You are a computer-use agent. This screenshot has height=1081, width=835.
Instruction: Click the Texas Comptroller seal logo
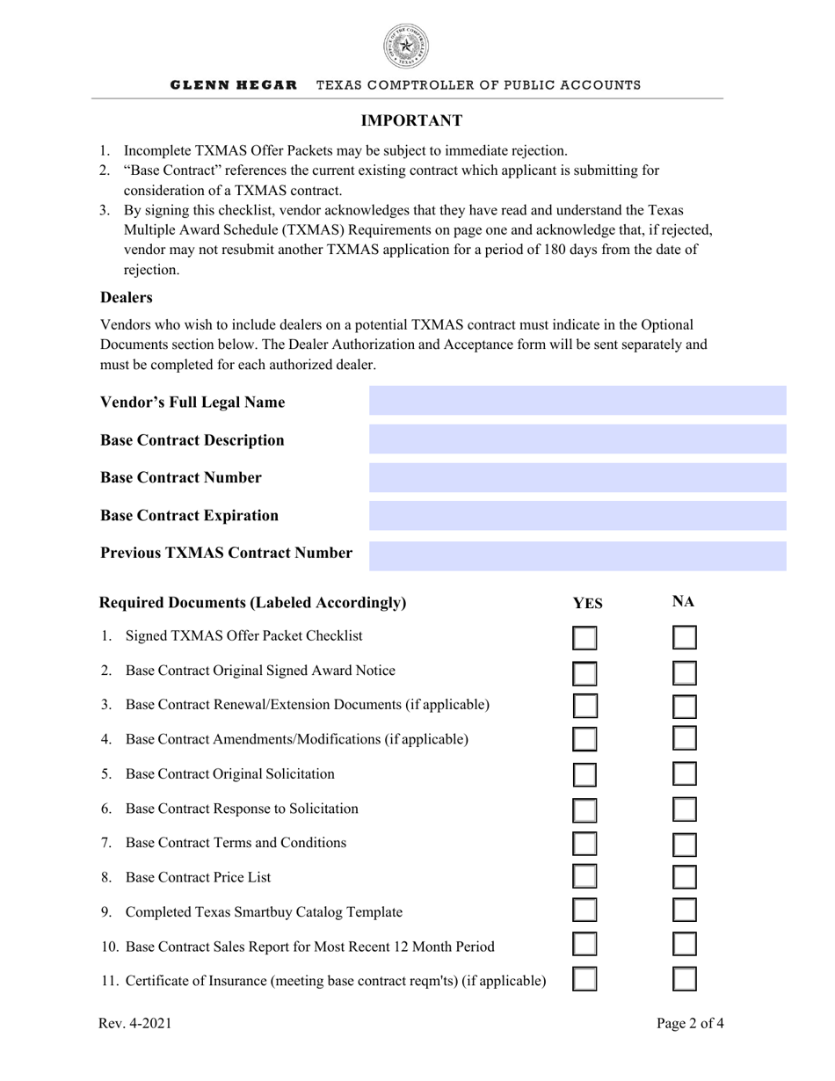405,47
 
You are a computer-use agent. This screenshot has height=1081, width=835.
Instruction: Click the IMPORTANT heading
411,120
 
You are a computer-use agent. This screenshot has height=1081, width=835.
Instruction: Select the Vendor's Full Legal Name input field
577,401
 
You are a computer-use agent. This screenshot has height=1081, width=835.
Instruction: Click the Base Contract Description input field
577,439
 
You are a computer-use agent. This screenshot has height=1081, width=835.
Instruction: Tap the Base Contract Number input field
577,477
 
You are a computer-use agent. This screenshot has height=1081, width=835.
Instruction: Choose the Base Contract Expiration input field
577,516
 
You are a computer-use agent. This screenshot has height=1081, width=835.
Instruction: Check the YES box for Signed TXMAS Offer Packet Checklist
584,638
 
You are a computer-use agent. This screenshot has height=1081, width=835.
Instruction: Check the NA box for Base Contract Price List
685,877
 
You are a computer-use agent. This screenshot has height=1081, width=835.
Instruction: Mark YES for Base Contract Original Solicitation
584,774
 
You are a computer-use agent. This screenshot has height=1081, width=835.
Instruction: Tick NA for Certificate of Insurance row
685,979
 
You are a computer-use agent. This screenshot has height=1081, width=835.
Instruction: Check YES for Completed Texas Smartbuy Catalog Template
584,911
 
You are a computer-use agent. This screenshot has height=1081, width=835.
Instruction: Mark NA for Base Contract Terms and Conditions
685,844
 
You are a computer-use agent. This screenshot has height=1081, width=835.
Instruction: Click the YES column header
587,604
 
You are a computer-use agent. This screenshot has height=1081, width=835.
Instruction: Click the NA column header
683,602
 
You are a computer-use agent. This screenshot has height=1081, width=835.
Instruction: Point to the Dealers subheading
126,298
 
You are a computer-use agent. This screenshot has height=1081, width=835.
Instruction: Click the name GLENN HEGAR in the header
233,85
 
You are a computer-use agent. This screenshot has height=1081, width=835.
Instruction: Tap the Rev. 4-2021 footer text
135,1023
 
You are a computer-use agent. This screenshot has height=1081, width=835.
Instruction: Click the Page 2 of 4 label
690,1023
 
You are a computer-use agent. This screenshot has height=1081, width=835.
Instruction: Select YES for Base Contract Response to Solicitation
584,809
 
